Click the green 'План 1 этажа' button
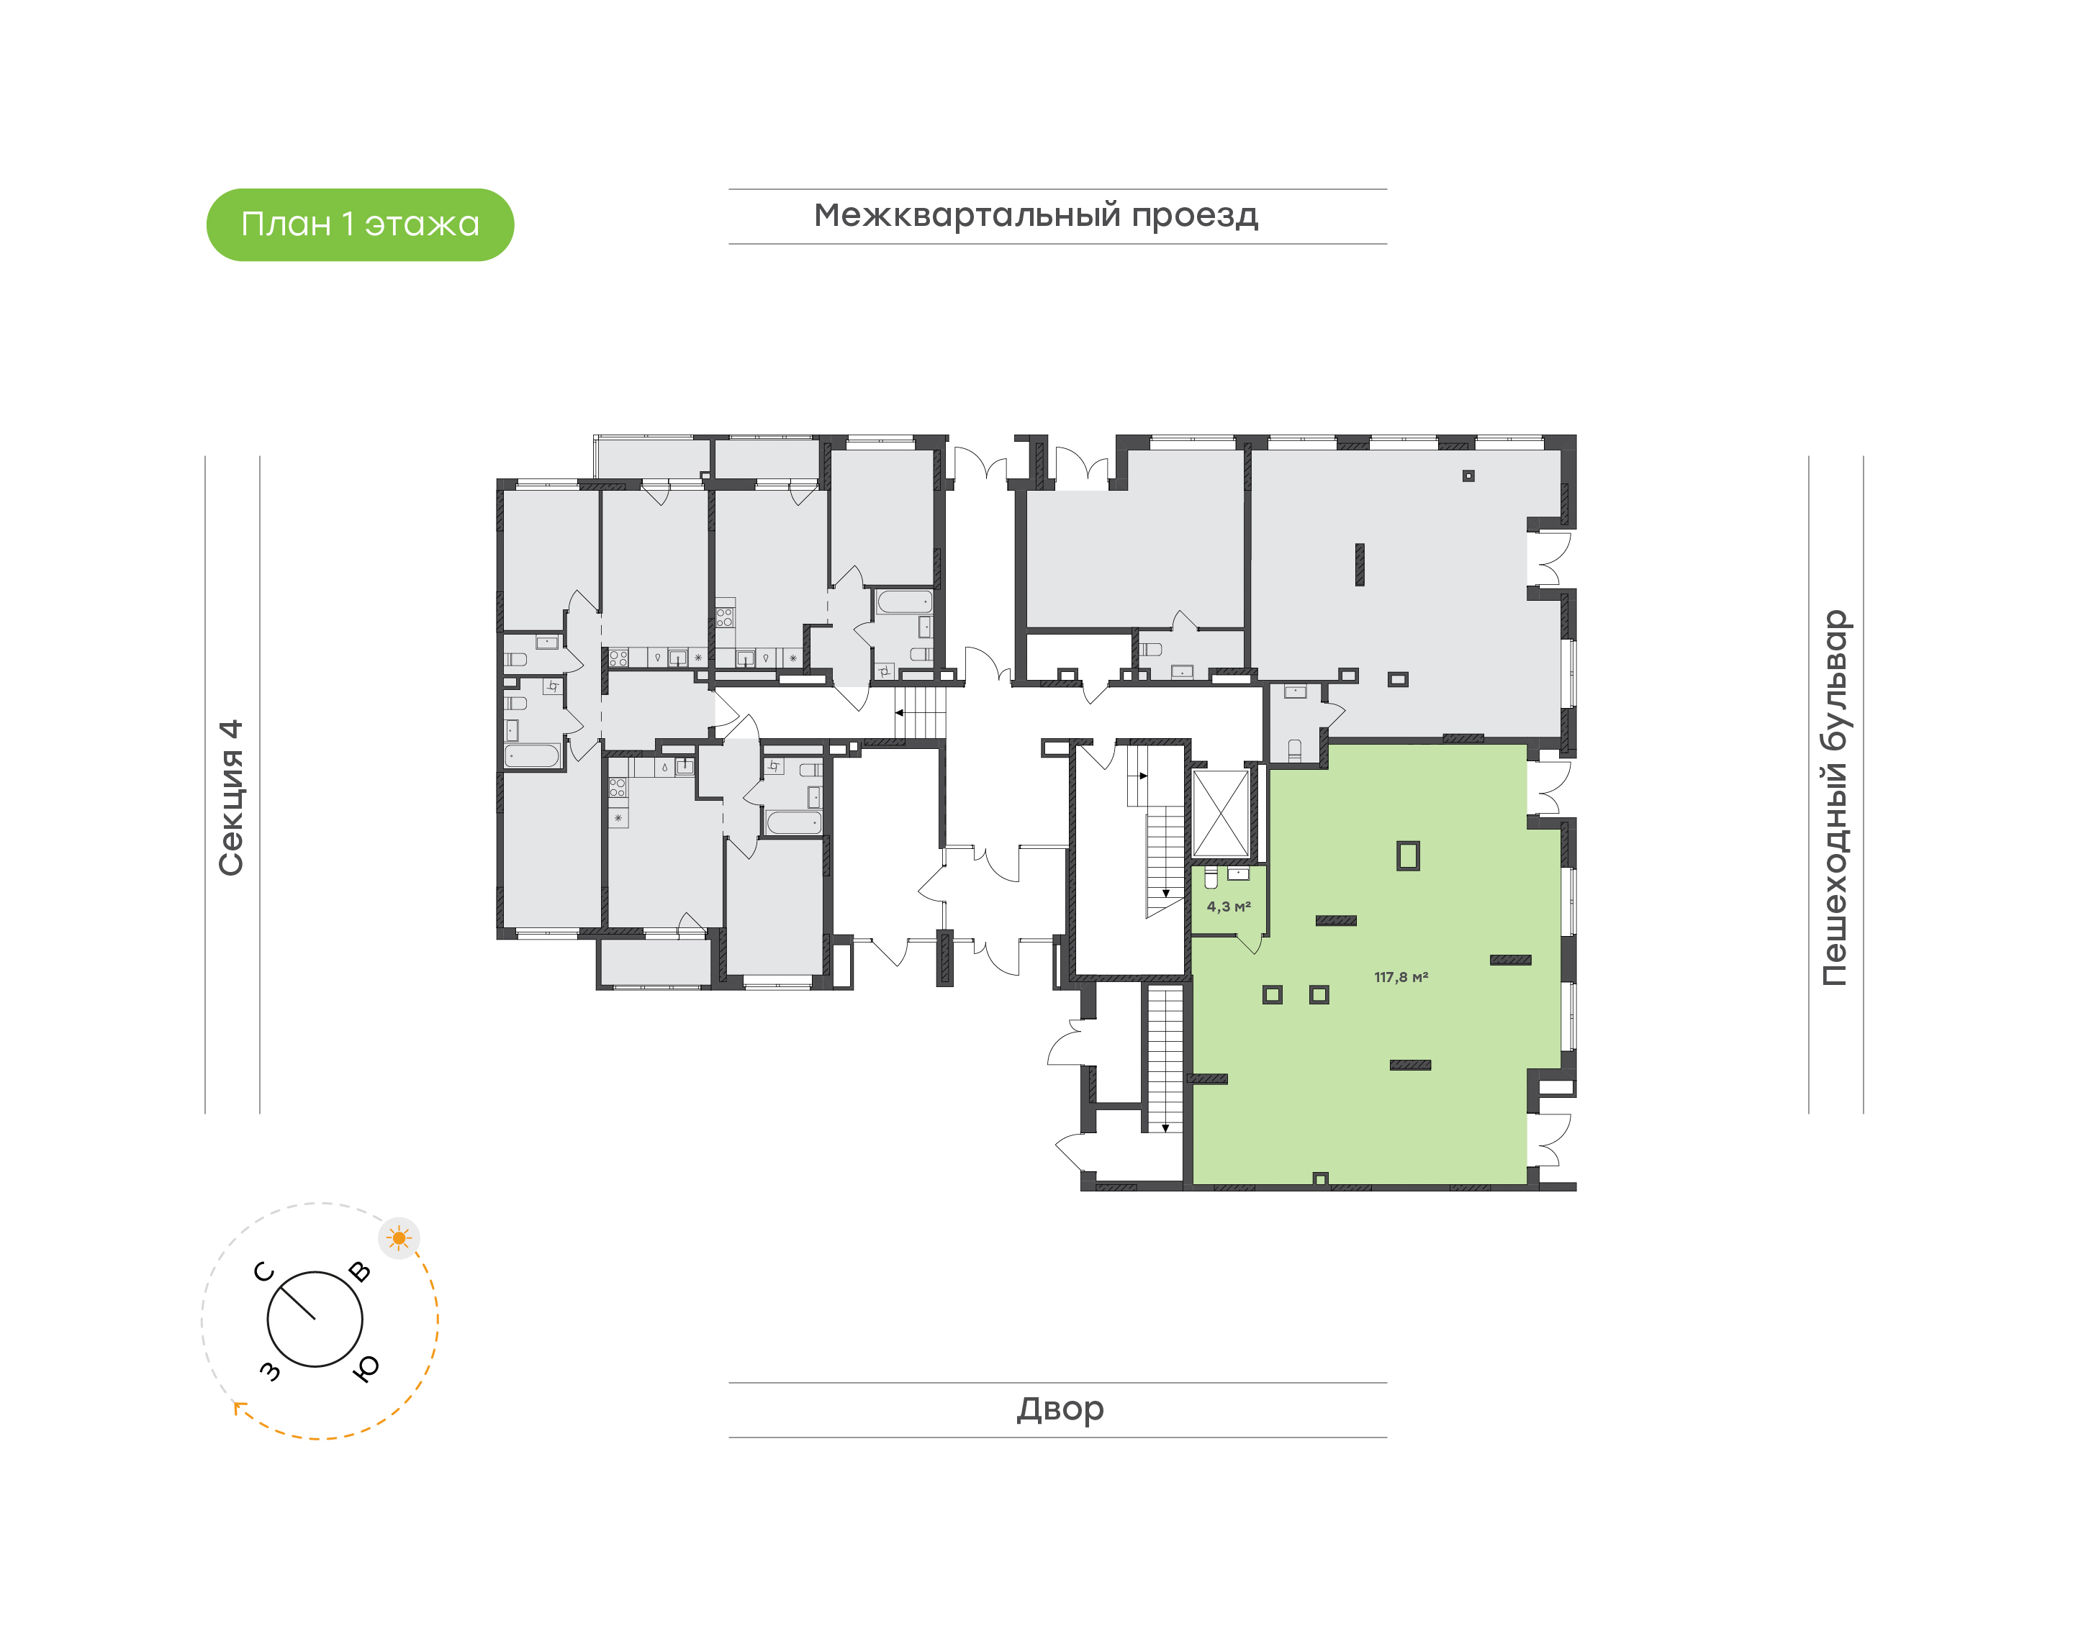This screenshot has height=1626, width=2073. [x=360, y=224]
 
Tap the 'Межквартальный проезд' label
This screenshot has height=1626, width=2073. [x=1035, y=216]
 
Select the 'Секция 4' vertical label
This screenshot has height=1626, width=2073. [x=231, y=797]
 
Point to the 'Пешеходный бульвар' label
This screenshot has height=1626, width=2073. [x=1834, y=797]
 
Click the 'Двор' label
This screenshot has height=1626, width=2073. [x=1060, y=1409]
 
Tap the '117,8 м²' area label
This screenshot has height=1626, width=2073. [x=1401, y=977]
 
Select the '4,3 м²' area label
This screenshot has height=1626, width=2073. [x=1229, y=907]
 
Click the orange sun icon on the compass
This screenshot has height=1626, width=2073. [x=399, y=1238]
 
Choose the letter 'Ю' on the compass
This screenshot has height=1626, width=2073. [x=366, y=1368]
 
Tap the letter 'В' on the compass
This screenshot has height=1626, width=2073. [x=359, y=1272]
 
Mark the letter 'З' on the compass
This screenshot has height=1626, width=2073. [x=271, y=1370]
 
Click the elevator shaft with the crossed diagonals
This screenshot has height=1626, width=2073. [x=1220, y=813]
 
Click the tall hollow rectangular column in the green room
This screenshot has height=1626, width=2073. [x=1407, y=856]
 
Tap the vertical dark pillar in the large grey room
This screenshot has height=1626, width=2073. [x=1360, y=565]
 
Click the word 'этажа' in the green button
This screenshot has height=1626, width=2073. [x=422, y=224]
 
